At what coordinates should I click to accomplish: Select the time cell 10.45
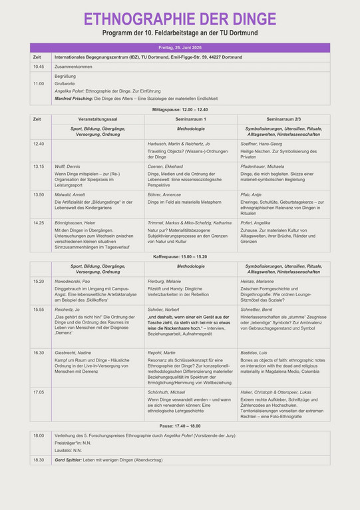coord(39,67)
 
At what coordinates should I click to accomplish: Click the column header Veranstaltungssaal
coord(98,119)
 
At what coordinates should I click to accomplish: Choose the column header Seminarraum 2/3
coord(283,119)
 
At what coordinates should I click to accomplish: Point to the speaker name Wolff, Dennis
coord(68,166)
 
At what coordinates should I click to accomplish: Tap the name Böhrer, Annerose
coord(164,194)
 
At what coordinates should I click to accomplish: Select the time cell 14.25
coord(39,223)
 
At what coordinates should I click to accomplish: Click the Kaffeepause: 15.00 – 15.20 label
coord(180,256)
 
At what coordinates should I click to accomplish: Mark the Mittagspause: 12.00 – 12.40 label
coord(180,109)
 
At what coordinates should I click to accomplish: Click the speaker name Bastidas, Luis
coord(256,353)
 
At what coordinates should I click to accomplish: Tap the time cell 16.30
coord(39,353)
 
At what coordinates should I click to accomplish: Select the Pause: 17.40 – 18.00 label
coord(180,425)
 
